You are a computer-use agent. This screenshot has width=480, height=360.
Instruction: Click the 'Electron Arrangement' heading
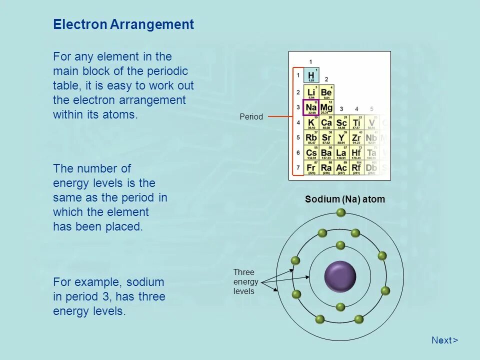[x=123, y=25]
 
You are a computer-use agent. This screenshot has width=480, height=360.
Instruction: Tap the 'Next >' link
[x=444, y=340]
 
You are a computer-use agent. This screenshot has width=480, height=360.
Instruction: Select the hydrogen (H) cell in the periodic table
[x=311, y=76]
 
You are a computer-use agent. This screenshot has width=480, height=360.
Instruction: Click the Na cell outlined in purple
[x=311, y=107]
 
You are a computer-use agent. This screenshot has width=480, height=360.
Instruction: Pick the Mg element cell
[x=326, y=107]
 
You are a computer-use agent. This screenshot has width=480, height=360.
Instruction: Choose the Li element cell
[x=311, y=92]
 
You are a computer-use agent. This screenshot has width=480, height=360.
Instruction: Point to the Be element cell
[x=326, y=92]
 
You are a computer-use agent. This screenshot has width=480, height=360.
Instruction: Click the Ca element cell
[x=326, y=123]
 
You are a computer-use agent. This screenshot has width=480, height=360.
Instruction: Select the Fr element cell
[x=311, y=168]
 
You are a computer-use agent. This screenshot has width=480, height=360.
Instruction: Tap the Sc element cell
[x=341, y=123]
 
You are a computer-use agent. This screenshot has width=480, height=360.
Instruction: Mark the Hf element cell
[x=356, y=153]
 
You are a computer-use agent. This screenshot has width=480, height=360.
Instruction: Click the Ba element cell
[x=326, y=153]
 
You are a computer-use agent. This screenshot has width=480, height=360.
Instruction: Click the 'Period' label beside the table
[x=251, y=117]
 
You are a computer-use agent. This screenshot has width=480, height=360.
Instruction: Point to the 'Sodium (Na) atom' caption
[x=345, y=199]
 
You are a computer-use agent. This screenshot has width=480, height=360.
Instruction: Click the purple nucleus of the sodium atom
[x=340, y=276]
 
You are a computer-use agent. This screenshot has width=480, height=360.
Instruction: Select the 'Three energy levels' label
[x=244, y=281]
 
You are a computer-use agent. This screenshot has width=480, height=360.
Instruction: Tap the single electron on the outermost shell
[x=340, y=212]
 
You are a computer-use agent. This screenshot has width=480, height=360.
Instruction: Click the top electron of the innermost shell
[x=340, y=245]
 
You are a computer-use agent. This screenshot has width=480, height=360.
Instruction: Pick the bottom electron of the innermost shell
[x=340, y=307]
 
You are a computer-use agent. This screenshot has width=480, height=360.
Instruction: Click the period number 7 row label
[x=297, y=167]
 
